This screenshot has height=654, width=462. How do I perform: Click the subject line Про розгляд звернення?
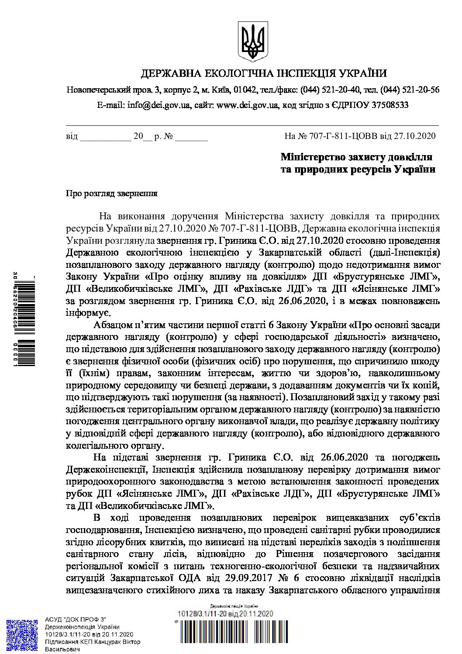(x=111, y=193)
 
